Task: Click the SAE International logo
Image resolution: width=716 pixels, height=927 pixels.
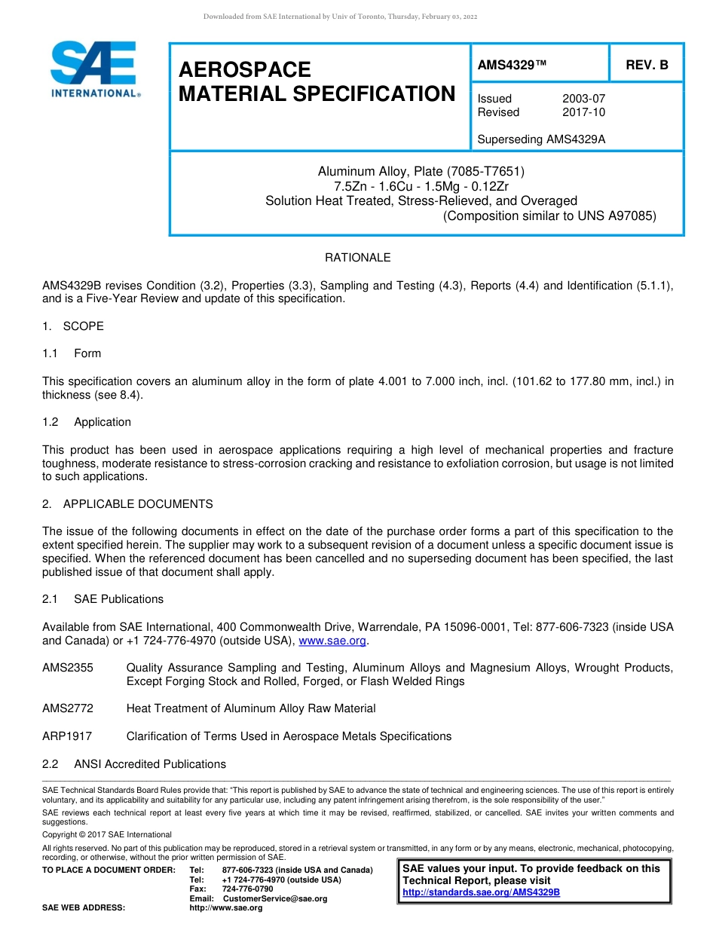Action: coord(94,69)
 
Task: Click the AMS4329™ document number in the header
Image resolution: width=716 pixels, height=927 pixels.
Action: coord(512,66)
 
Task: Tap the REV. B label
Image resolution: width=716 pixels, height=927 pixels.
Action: coord(647,66)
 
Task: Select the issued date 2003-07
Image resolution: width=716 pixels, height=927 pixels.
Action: coord(583,99)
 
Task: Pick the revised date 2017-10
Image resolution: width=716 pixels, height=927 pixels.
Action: coord(583,112)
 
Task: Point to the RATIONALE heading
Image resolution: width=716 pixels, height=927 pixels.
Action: coord(357,258)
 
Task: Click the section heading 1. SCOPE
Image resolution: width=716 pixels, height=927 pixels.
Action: coord(73,326)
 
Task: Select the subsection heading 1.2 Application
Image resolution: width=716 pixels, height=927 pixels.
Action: coord(87,422)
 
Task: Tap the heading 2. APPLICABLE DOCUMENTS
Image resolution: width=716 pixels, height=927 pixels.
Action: coord(127,504)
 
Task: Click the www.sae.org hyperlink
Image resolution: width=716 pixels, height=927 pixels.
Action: coord(332,641)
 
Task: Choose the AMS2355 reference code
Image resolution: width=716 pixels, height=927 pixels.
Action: coord(68,668)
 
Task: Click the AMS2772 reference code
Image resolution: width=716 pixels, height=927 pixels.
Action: coord(68,708)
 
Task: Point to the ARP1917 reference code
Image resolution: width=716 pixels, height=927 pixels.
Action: coord(67,736)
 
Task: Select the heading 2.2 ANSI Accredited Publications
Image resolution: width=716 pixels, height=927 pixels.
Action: coord(134,764)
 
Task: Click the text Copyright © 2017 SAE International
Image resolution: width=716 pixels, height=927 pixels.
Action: coord(107,834)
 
